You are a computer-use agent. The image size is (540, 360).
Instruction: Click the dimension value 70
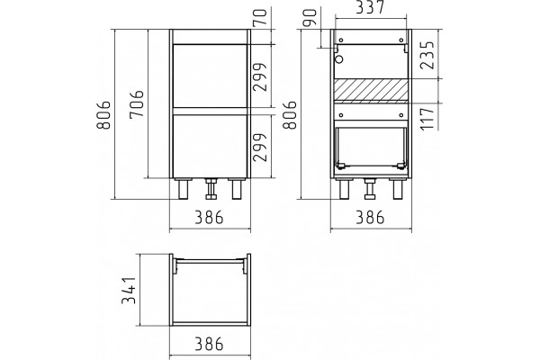point(261,17)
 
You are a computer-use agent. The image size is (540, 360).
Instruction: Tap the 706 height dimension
point(137,103)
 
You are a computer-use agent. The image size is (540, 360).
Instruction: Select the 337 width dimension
point(370,7)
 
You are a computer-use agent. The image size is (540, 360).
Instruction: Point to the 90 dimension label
point(310,18)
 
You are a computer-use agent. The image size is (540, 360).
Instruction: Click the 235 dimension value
point(428,56)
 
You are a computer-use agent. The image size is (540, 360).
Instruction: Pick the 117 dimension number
point(427,118)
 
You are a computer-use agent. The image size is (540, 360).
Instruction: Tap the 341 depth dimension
point(129,291)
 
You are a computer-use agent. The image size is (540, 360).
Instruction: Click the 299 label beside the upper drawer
point(260,76)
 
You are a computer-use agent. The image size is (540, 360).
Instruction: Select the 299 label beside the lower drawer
point(260,148)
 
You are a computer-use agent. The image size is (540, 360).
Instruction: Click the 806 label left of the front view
point(103,114)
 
